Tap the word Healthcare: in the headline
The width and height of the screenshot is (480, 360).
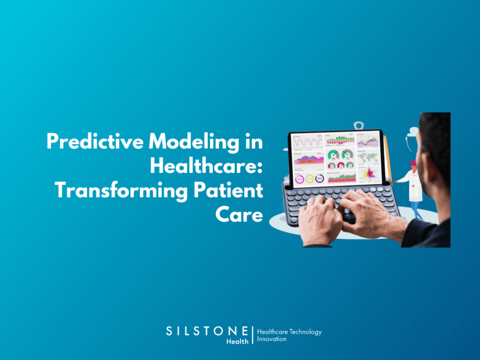(206, 166)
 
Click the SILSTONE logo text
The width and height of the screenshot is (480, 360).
(207, 330)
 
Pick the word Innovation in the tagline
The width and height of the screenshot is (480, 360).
(271, 339)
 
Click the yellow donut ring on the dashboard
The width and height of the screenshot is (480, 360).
(309, 178)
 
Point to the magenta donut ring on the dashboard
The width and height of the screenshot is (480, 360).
(299, 178)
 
